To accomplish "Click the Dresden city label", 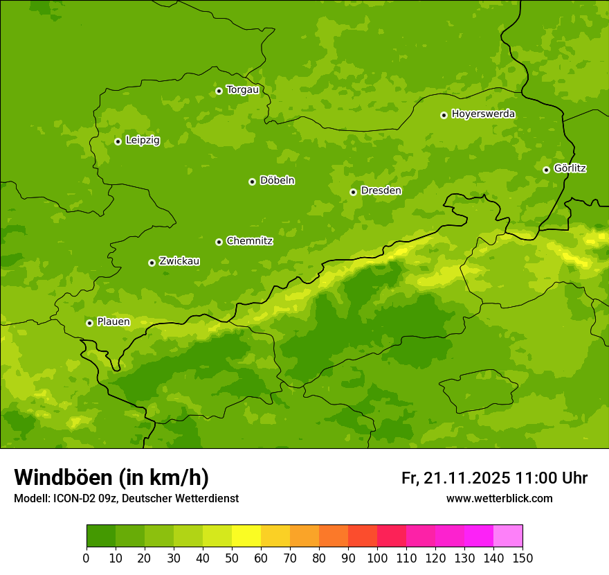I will tap(381, 191).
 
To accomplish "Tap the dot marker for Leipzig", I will tap(118, 141).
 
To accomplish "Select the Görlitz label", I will tap(570, 168).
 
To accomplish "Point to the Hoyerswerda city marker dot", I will tap(444, 115).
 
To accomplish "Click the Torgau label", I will tap(242, 89).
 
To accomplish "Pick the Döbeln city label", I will tap(277, 181).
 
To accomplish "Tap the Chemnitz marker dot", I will tap(219, 242).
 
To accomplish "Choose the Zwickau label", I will tap(179, 261).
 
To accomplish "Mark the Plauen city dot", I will tap(89, 323).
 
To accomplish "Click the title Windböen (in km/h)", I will tap(111, 477).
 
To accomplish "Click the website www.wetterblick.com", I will tap(499, 499).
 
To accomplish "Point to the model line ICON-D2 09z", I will tap(90, 499).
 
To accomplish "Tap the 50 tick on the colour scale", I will tap(232, 558).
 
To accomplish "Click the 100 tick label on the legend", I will tap(377, 558).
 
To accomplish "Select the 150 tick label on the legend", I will tap(522, 558).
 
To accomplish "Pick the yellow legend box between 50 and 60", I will tap(246, 536).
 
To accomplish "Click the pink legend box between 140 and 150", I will tap(508, 536).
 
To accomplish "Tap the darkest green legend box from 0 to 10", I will tap(101, 536).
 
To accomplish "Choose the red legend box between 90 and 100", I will tap(363, 536).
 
